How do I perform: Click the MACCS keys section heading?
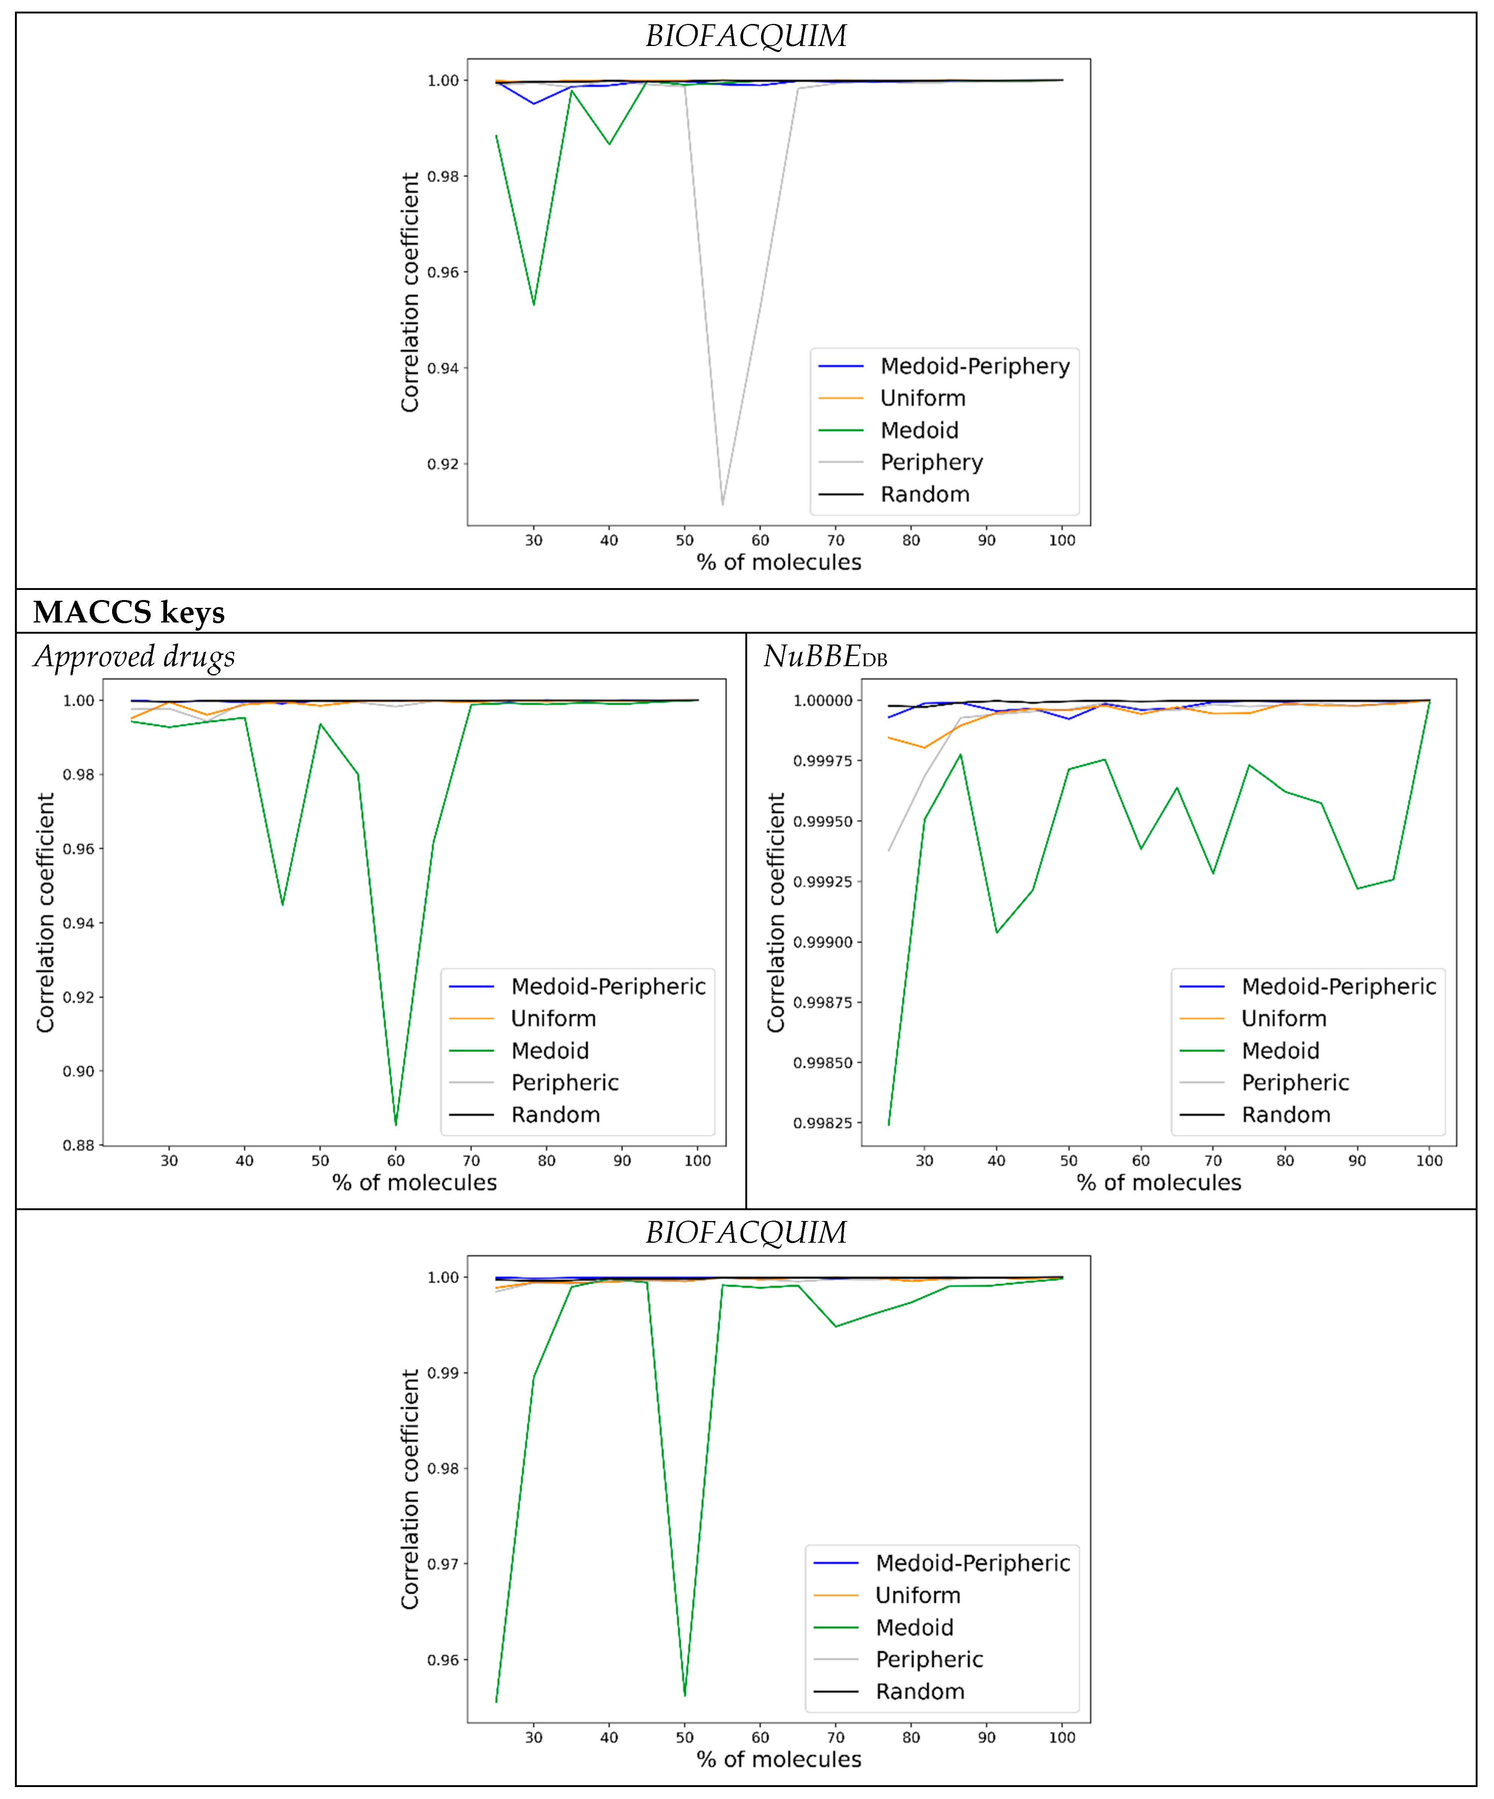pyautogui.click(x=129, y=612)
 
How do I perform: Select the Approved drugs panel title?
pyautogui.click(x=135, y=657)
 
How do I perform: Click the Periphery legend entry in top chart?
pyautogui.click(x=931, y=462)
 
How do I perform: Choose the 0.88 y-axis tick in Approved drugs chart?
pyautogui.click(x=79, y=1145)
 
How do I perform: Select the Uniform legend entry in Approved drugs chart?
pyautogui.click(x=554, y=1019)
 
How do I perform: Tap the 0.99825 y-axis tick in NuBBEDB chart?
pyautogui.click(x=822, y=1123)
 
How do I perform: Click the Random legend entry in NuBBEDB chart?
pyautogui.click(x=1286, y=1114)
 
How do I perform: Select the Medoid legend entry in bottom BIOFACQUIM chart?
pyautogui.click(x=914, y=1628)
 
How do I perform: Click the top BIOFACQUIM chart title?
pyautogui.click(x=746, y=36)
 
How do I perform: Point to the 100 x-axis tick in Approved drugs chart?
pyautogui.click(x=697, y=1161)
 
